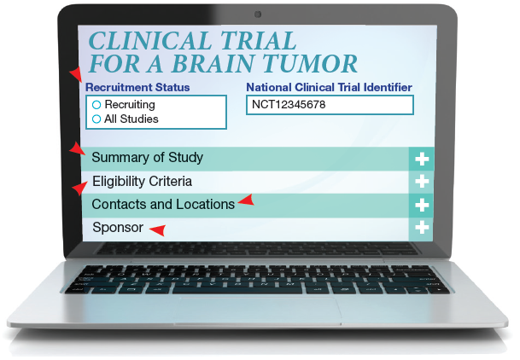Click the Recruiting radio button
click(96, 105)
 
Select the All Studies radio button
click(96, 119)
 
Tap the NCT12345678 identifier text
click(289, 105)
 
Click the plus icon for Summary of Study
click(422, 160)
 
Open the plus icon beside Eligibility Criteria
click(422, 182)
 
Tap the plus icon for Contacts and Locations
click(422, 205)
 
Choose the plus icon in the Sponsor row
click(422, 228)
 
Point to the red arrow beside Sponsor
click(157, 230)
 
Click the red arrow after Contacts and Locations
click(246, 200)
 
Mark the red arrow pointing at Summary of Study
click(78, 148)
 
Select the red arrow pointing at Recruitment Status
click(76, 74)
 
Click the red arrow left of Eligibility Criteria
click(80, 189)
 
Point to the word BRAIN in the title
click(213, 64)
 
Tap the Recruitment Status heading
click(137, 87)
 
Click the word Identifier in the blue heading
click(388, 87)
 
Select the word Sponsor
click(118, 228)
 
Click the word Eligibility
click(119, 182)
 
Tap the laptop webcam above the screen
click(258, 15)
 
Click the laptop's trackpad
click(260, 310)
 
